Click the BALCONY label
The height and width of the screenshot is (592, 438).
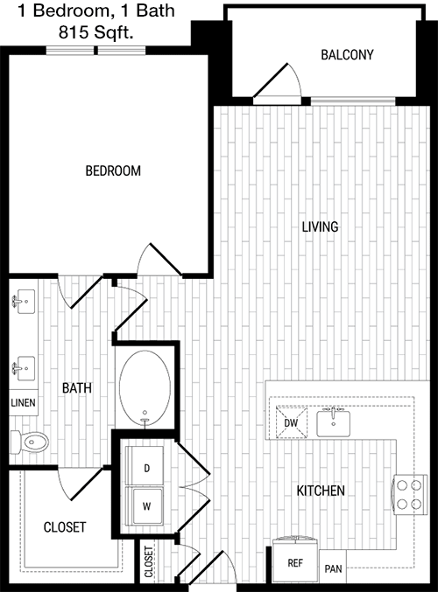[x=347, y=55]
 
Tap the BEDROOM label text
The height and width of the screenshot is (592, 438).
[x=113, y=171]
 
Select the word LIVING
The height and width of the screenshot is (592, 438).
[x=320, y=226]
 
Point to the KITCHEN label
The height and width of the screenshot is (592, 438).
[x=321, y=491]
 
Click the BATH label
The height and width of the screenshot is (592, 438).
[x=77, y=387]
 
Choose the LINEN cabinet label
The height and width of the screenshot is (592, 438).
[x=23, y=403]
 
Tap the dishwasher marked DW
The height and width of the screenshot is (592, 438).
[x=291, y=422]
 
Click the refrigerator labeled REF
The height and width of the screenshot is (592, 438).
[x=295, y=560]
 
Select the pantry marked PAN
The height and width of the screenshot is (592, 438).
[x=333, y=567]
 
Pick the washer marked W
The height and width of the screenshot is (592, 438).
[x=145, y=505]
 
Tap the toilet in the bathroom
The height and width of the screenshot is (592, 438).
[x=30, y=442]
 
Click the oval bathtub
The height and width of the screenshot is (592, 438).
[x=145, y=388]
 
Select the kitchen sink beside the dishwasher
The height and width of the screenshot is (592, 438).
[x=333, y=421]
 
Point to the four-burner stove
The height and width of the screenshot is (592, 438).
[x=409, y=495]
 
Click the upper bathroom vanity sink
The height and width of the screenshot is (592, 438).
[x=25, y=302]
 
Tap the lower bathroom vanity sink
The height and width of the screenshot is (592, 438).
[x=25, y=368]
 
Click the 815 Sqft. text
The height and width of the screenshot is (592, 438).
[x=96, y=32]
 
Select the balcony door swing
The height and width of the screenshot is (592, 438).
[x=278, y=80]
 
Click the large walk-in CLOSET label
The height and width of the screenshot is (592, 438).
[x=65, y=527]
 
